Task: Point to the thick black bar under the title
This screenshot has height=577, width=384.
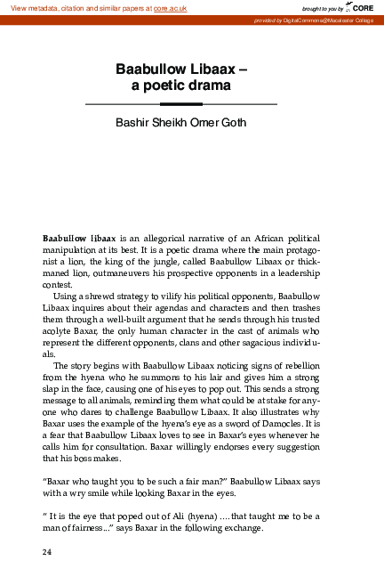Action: coord(180,104)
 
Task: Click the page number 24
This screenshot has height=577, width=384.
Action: coord(48,552)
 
